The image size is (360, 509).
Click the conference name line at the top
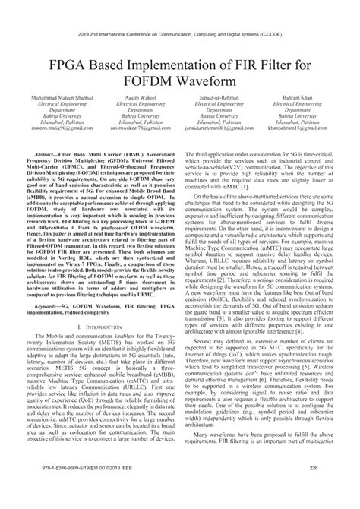coord(179,14)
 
